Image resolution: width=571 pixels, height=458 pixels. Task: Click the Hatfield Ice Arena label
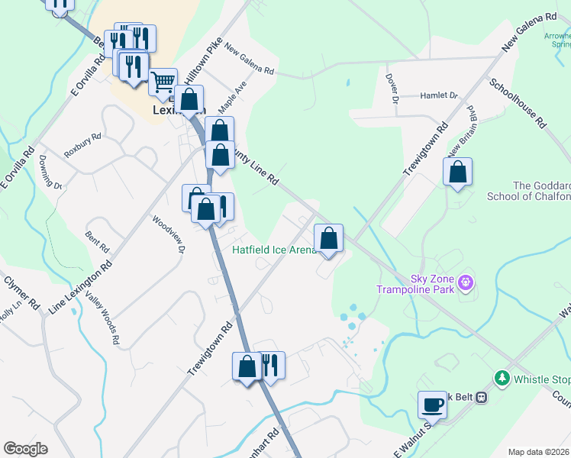[x=274, y=250]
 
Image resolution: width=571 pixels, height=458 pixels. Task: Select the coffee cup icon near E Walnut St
[x=432, y=405]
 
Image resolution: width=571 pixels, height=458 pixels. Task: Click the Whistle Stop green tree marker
[x=502, y=377]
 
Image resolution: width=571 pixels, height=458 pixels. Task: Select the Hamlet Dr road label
[x=438, y=96]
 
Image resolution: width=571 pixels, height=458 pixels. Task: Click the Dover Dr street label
[x=391, y=89]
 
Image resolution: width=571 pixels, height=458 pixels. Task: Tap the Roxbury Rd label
[x=82, y=146]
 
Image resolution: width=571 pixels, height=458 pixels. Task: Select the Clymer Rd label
[x=22, y=292]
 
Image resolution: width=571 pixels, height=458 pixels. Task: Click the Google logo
[x=25, y=449]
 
